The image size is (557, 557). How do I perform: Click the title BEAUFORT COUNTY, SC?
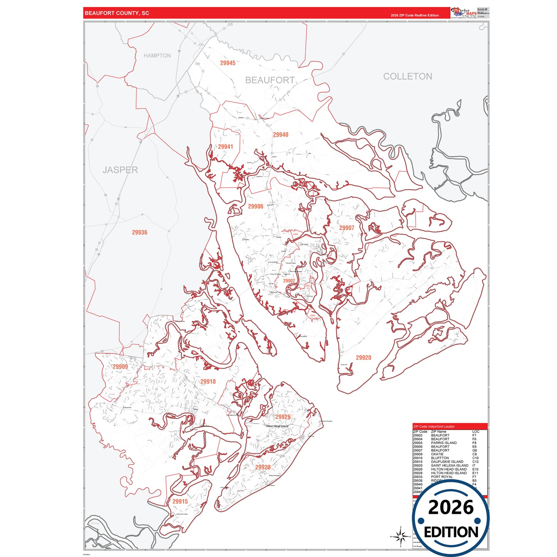pos(117,13)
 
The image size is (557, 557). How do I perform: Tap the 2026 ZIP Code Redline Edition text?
pos(414,15)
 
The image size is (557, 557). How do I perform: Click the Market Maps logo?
pos(464,12)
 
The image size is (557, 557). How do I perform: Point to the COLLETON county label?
pos(407,76)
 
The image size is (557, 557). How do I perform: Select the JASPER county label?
pos(120,170)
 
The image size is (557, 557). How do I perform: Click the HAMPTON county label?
pos(157,56)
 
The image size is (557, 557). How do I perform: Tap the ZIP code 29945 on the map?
pos(227,63)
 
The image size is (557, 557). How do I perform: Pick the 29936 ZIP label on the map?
pos(140,232)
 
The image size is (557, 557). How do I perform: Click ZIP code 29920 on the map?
pos(363,358)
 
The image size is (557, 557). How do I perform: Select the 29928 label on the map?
pos(263,467)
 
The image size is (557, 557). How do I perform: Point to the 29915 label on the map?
pos(180,501)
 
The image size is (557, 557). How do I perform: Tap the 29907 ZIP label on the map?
pos(347,228)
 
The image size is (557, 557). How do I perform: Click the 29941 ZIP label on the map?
pos(225,147)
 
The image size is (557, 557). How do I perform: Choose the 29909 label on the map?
pos(120,367)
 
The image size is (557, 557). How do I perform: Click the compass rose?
pos(401,536)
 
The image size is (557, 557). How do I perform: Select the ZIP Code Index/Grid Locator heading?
pos(434,426)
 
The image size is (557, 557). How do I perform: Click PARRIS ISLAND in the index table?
pos(444,443)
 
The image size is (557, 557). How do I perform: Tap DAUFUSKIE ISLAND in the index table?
pos(447,462)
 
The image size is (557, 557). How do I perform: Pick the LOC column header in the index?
pos(476,432)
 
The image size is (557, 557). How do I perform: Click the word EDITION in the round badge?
pos(451,532)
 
